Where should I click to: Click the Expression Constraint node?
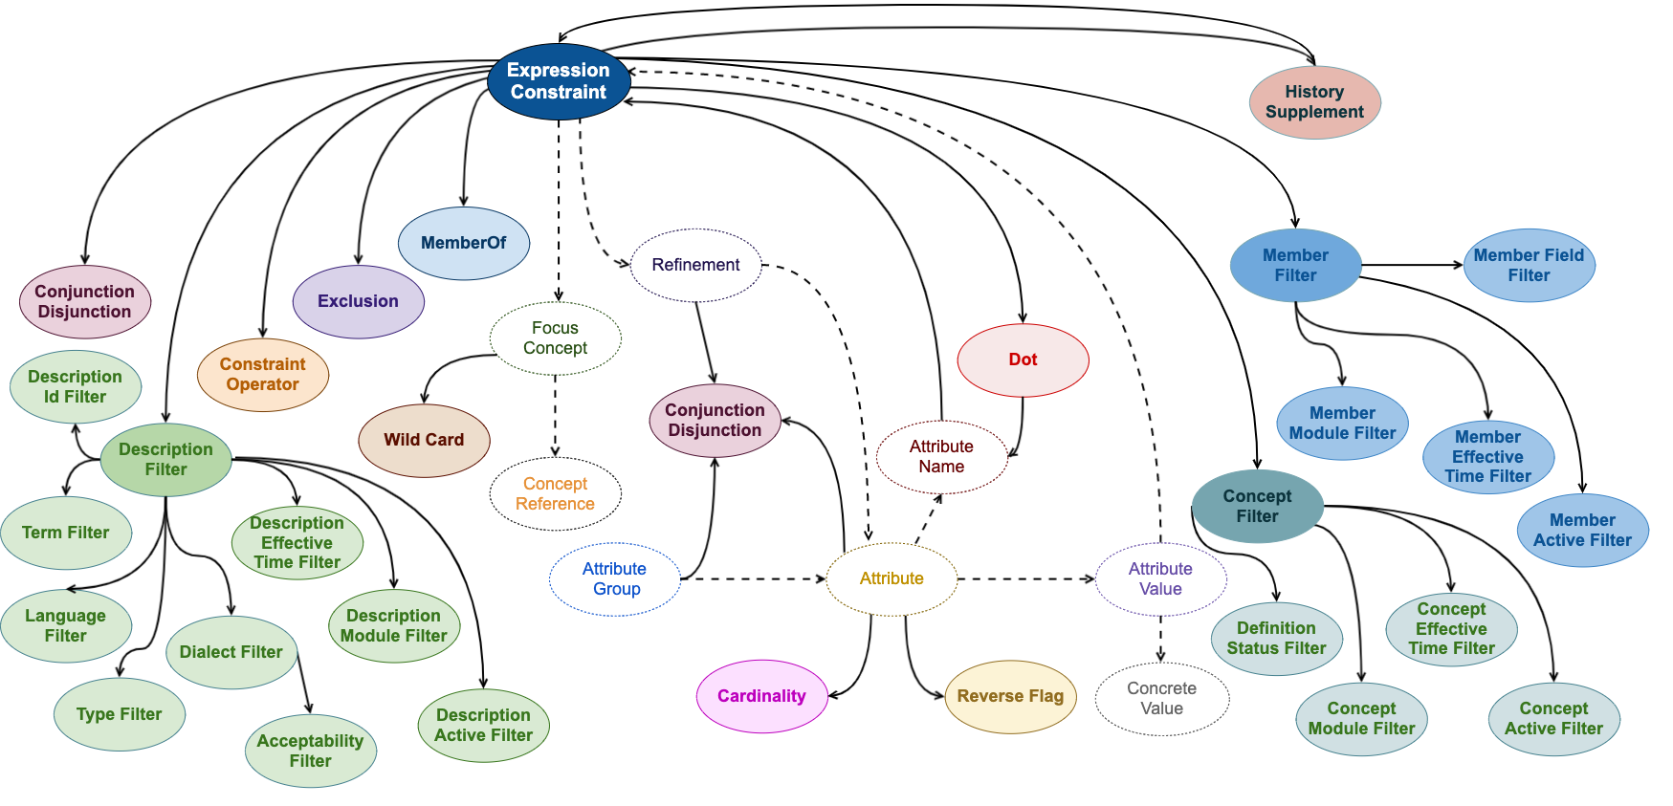559,81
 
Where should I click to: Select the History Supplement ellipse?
1314,102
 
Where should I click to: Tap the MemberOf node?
463,243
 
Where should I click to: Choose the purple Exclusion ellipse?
358,301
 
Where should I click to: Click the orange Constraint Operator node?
262,375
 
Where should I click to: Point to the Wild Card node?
424,440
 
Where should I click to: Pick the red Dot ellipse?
1023,359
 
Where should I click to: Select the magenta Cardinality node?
761,696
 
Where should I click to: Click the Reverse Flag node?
1010,696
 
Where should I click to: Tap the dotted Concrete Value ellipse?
1161,699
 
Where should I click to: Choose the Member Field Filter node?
1529,265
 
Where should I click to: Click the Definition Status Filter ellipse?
1276,639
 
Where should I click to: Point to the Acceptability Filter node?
310,751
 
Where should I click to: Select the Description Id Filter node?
75,386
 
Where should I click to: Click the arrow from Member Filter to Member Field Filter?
1412,265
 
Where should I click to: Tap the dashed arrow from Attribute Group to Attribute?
753,578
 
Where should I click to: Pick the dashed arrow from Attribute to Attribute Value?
1025,578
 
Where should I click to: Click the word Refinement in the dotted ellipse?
695,265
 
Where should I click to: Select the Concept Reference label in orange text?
555,494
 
